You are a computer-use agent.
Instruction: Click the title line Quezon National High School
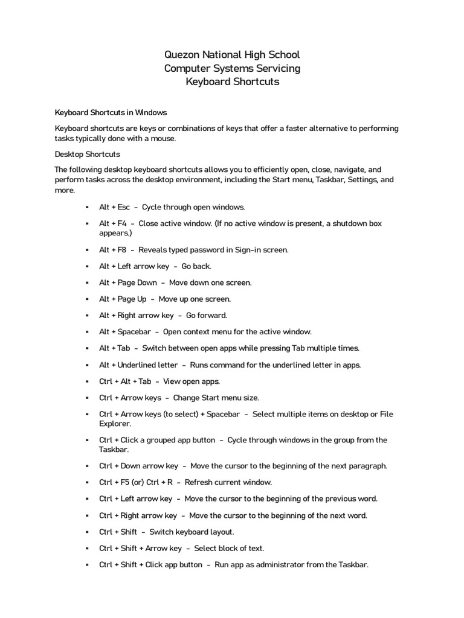click(232, 55)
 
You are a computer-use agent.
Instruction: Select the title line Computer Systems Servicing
click(232, 68)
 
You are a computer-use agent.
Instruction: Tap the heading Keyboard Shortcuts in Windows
click(111, 112)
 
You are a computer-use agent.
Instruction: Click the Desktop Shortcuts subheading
click(88, 154)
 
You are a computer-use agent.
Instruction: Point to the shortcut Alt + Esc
click(115, 207)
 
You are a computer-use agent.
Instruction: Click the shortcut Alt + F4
click(113, 223)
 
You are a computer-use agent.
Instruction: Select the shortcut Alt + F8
click(113, 250)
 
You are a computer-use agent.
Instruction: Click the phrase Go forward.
click(207, 315)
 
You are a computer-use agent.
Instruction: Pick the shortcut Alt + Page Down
click(128, 282)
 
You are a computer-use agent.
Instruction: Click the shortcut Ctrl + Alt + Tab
click(126, 381)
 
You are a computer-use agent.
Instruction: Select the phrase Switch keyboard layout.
click(187, 532)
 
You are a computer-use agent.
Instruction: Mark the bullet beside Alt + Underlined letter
click(88, 365)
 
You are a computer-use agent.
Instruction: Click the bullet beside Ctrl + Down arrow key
click(88, 466)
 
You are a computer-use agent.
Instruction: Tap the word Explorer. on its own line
click(115, 424)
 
